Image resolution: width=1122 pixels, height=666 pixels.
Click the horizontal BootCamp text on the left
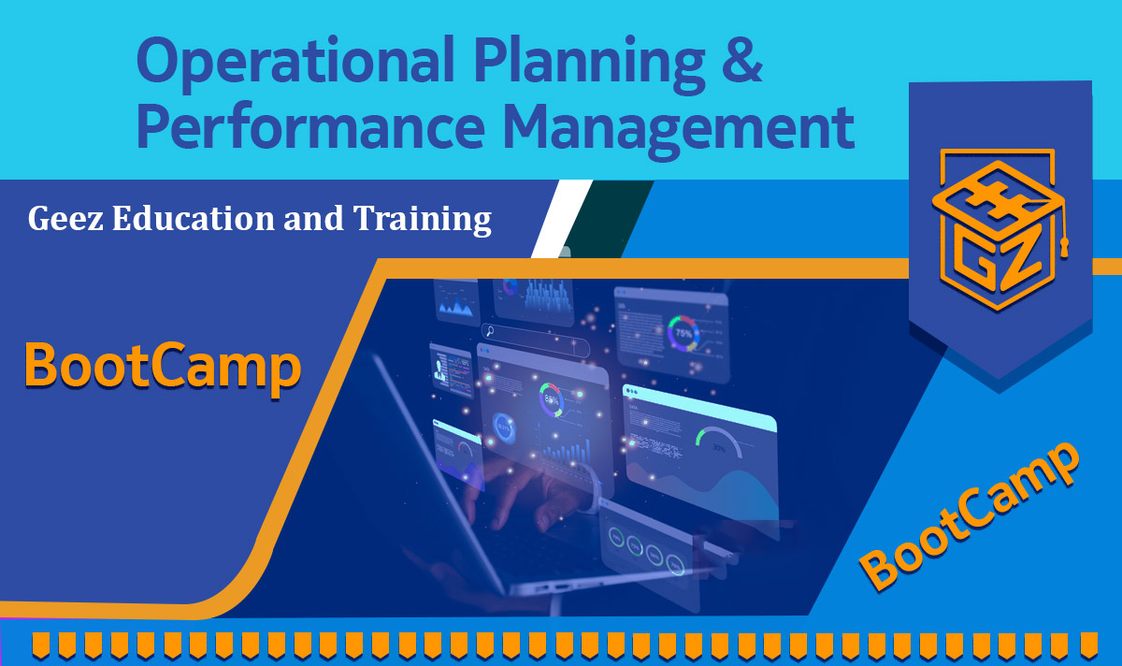coord(162,367)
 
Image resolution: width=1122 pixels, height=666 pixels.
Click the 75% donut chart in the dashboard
coord(683,332)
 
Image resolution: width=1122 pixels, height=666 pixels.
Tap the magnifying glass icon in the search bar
coord(489,330)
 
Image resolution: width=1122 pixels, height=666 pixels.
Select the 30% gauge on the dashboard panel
coord(718,442)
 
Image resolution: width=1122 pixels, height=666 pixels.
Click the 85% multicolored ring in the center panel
coord(551,400)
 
